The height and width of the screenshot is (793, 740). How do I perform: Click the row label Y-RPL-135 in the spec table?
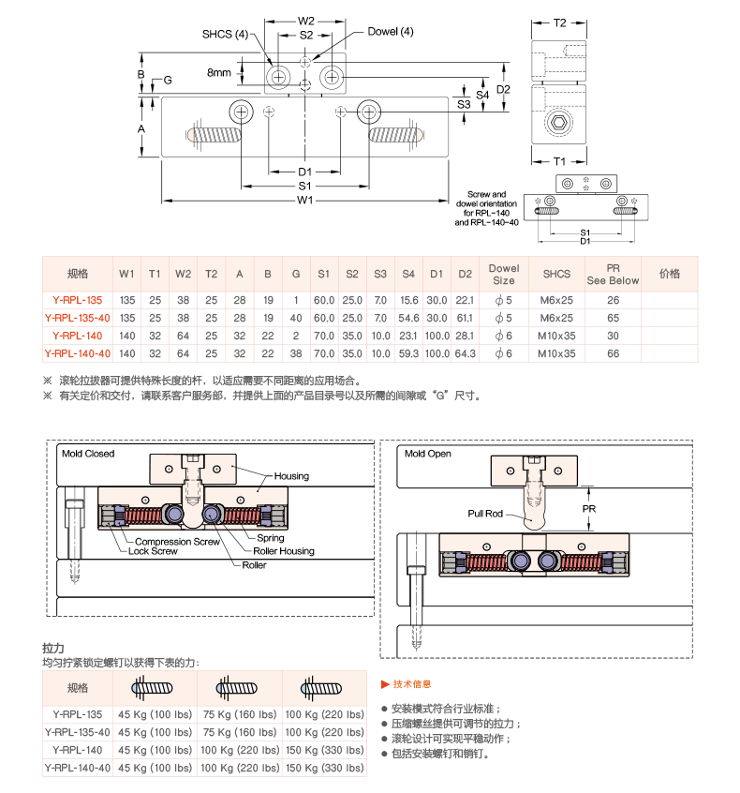[x=78, y=300]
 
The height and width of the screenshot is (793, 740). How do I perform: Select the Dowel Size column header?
[x=504, y=274]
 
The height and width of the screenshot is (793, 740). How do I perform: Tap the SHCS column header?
[x=556, y=274]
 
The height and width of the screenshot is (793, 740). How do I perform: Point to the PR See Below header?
[x=613, y=274]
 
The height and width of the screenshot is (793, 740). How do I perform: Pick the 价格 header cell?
[x=670, y=274]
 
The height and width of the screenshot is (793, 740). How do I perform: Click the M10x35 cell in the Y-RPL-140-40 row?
[x=556, y=353]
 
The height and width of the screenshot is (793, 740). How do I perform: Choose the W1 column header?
[x=126, y=274]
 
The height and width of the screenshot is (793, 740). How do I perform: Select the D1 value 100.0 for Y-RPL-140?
[x=437, y=336]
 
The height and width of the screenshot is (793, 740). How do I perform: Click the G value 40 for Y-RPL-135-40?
[x=296, y=318]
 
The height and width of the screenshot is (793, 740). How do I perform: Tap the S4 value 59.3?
[x=408, y=353]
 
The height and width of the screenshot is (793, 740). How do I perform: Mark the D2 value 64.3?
[x=465, y=353]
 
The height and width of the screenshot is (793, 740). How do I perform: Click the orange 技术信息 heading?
[x=412, y=684]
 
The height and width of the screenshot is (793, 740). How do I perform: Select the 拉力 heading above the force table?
[x=52, y=648]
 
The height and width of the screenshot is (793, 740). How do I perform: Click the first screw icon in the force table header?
[x=155, y=689]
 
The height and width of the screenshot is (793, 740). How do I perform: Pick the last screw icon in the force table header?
[x=323, y=689]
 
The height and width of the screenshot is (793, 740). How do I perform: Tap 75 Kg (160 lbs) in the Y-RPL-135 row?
[x=239, y=714]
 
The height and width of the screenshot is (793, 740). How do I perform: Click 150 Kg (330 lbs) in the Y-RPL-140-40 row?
[x=324, y=768]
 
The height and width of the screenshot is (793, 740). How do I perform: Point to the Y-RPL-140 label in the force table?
[x=78, y=750]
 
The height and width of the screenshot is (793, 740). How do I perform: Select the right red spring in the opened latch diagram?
[x=580, y=561]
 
